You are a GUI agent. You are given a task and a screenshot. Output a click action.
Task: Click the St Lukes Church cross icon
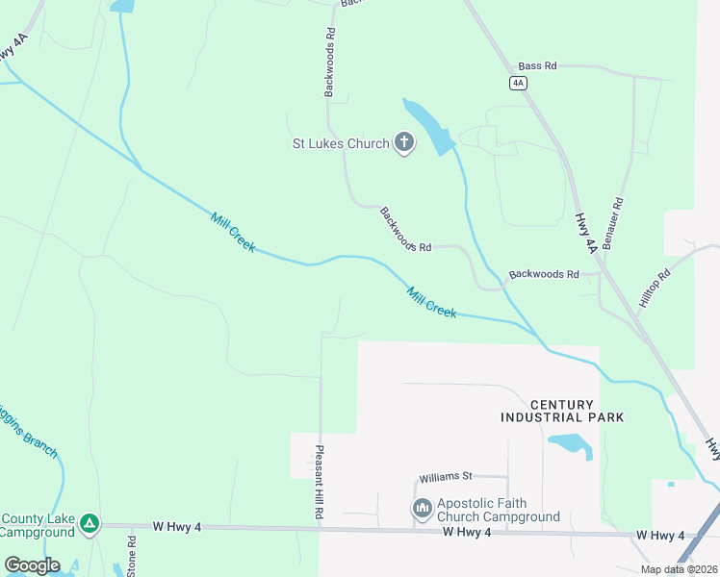click(404, 144)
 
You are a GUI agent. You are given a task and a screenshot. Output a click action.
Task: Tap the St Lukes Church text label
click(341, 144)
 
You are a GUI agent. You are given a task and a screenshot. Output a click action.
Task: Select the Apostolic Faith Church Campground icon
click(422, 508)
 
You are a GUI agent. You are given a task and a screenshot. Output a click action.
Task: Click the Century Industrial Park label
click(561, 411)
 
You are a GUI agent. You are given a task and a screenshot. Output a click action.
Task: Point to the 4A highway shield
click(519, 83)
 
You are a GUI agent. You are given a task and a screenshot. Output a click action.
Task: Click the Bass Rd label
click(537, 66)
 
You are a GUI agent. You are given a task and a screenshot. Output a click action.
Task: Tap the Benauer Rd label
click(613, 223)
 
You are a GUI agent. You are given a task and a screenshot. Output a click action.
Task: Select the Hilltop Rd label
click(654, 286)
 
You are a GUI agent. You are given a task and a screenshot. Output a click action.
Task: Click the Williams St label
click(446, 477)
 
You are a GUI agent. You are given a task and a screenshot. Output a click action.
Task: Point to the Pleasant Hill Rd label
click(318, 483)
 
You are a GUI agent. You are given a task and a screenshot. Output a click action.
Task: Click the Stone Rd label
click(132, 555)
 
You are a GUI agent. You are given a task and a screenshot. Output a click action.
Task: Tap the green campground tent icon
click(89, 523)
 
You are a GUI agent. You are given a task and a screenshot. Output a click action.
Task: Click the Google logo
click(32, 565)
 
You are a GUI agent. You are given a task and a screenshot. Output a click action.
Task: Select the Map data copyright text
click(678, 569)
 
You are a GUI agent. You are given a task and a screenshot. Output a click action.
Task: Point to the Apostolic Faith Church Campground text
click(498, 510)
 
